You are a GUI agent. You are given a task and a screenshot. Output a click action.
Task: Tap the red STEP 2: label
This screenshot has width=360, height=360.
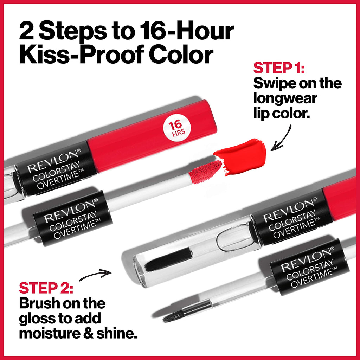[46, 287]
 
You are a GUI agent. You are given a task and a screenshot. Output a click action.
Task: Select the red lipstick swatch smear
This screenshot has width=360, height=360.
[243, 156]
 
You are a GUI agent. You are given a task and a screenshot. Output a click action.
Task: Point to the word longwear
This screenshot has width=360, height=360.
[285, 99]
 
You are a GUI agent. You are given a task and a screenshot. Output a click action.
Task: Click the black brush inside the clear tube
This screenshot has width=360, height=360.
[168, 259]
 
